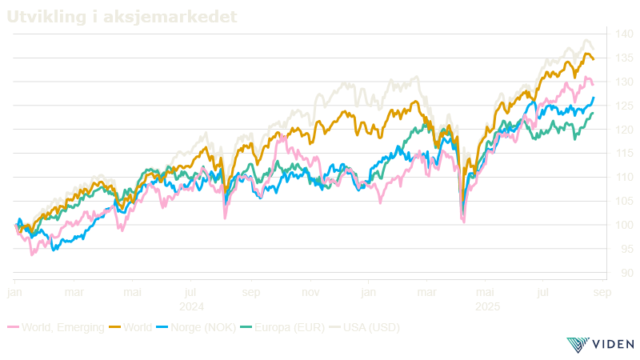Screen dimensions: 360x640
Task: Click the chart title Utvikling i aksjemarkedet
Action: pos(122,17)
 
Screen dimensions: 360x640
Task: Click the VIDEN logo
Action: pos(600,344)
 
